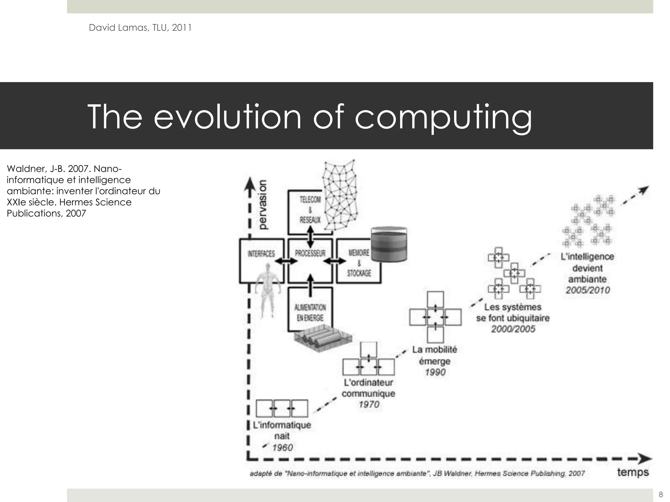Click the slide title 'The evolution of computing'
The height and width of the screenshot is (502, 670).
point(309,117)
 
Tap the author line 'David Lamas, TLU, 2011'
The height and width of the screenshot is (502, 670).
point(140,28)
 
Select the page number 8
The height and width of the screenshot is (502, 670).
point(661,494)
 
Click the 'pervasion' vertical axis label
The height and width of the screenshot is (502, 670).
point(262,205)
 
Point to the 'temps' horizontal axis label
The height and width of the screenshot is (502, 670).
point(633,473)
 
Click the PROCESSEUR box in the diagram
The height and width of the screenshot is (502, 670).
point(310,254)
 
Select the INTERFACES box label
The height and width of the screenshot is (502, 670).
point(261,254)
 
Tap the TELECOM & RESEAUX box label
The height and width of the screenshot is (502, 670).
point(310,209)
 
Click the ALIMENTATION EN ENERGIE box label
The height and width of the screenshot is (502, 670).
point(310,312)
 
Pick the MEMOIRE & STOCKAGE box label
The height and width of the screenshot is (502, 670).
point(359,262)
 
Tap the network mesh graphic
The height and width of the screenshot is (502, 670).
point(339,193)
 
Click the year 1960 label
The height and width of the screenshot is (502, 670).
point(282,447)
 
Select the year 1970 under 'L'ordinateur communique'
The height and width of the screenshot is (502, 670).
point(369,405)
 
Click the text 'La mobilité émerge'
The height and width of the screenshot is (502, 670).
point(434,355)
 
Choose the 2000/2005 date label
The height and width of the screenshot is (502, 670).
point(513,329)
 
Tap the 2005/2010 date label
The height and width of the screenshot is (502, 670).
point(588,290)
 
